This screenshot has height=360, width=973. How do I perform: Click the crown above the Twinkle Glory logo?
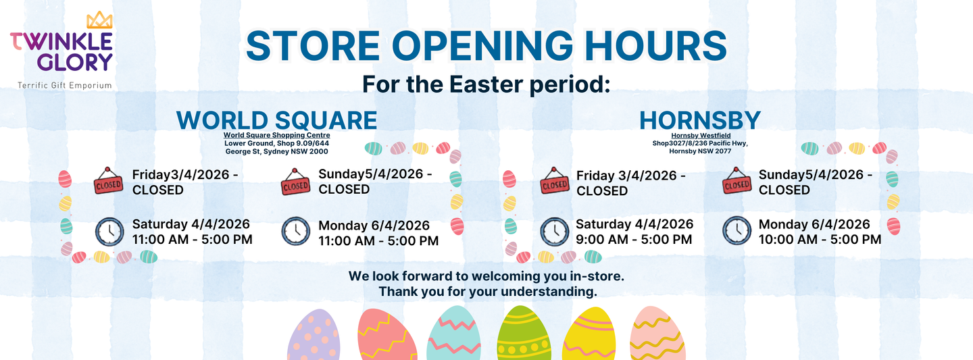(x=99, y=20)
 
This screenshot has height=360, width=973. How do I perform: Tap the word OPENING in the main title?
(x=482, y=46)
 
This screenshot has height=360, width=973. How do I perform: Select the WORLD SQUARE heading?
(x=277, y=120)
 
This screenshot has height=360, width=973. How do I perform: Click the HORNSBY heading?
(x=700, y=120)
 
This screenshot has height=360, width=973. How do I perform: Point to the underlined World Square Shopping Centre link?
(x=277, y=135)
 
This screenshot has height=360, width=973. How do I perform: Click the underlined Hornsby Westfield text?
(x=701, y=136)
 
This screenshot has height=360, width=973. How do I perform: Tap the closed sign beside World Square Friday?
(x=108, y=180)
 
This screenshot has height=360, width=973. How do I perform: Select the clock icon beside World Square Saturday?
(x=109, y=232)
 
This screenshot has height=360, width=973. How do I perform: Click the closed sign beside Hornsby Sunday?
(x=737, y=180)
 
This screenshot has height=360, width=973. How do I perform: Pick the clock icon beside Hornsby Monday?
(x=737, y=230)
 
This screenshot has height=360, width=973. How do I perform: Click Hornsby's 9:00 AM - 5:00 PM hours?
(x=634, y=239)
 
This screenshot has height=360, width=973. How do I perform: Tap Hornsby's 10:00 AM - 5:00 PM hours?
(x=820, y=239)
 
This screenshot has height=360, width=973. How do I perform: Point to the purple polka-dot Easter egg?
(x=314, y=335)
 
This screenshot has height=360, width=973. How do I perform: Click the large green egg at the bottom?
(x=524, y=333)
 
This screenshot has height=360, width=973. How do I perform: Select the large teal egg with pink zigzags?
(x=454, y=333)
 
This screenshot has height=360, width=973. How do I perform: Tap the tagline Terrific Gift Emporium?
(x=65, y=86)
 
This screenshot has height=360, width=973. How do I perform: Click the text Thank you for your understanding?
(x=488, y=291)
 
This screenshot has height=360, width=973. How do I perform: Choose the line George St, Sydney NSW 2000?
(x=277, y=151)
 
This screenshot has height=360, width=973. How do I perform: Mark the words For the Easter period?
(x=486, y=84)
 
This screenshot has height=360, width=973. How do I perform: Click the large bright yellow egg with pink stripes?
(x=589, y=334)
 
